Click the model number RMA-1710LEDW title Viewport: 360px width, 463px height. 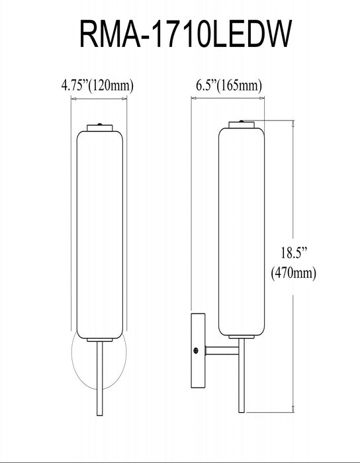pyautogui.click(x=185, y=34)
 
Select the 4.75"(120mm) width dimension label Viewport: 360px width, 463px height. pyautogui.click(x=97, y=85)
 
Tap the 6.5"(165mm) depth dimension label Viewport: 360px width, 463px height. pyautogui.click(x=229, y=85)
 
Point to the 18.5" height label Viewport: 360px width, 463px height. pyautogui.click(x=294, y=253)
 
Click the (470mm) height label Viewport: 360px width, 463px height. pyautogui.click(x=294, y=273)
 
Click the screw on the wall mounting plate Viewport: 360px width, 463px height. pyautogui.click(x=195, y=351)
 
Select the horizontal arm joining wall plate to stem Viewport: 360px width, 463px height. pyautogui.click(x=222, y=351)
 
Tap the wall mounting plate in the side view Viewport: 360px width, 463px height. pyautogui.click(x=198, y=351)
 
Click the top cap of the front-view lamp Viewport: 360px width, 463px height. pyautogui.click(x=100, y=128)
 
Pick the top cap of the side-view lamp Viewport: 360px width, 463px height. pyautogui.click(x=242, y=125)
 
